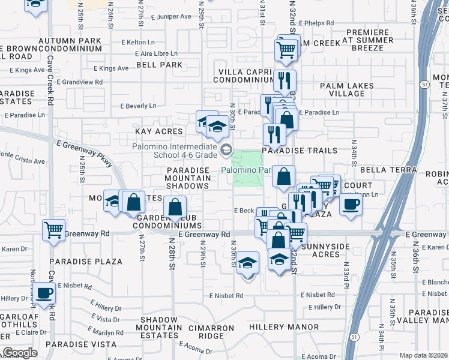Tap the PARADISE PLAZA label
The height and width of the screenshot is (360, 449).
pyautogui.click(x=86, y=262)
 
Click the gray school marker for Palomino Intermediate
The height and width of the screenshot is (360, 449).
pyautogui.click(x=226, y=149)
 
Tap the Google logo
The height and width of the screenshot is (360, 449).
pyautogui.click(x=20, y=353)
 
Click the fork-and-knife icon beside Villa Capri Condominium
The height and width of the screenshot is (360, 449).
pyautogui.click(x=285, y=80)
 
